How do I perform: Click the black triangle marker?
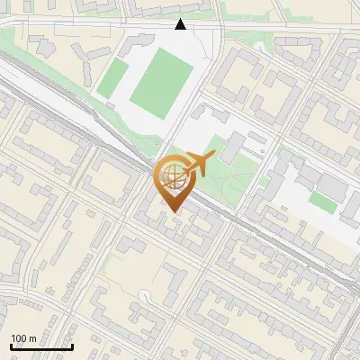point(181,24)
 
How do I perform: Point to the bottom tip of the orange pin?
point(173,212)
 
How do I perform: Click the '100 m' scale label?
point(23,338)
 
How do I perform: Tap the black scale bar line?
point(41,347)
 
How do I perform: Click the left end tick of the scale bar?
point(11,346)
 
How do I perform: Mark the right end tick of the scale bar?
point(72,346)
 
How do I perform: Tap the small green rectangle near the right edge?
point(323,202)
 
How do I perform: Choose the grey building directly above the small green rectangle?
point(331,185)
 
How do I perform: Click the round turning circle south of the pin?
point(145,293)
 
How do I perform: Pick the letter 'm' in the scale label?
point(32,338)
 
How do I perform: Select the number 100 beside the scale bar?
point(19,338)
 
